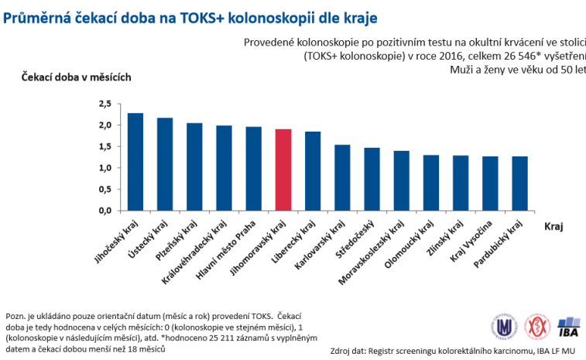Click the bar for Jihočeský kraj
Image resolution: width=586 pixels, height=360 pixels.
(x=135, y=162)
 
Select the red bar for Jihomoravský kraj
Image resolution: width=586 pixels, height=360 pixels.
(x=283, y=170)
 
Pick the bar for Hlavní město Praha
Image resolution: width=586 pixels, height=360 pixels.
(x=253, y=169)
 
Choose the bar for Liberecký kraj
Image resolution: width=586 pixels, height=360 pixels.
(x=313, y=171)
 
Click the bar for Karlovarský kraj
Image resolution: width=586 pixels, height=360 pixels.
(x=342, y=177)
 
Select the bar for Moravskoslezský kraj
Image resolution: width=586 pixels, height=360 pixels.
(x=401, y=180)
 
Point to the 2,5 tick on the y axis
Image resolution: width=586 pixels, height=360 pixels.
(x=105, y=104)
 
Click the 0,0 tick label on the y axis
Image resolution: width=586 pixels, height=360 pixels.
(x=105, y=211)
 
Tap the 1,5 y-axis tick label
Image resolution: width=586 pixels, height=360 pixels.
(x=105, y=146)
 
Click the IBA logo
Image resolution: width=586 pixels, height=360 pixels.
(x=568, y=326)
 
